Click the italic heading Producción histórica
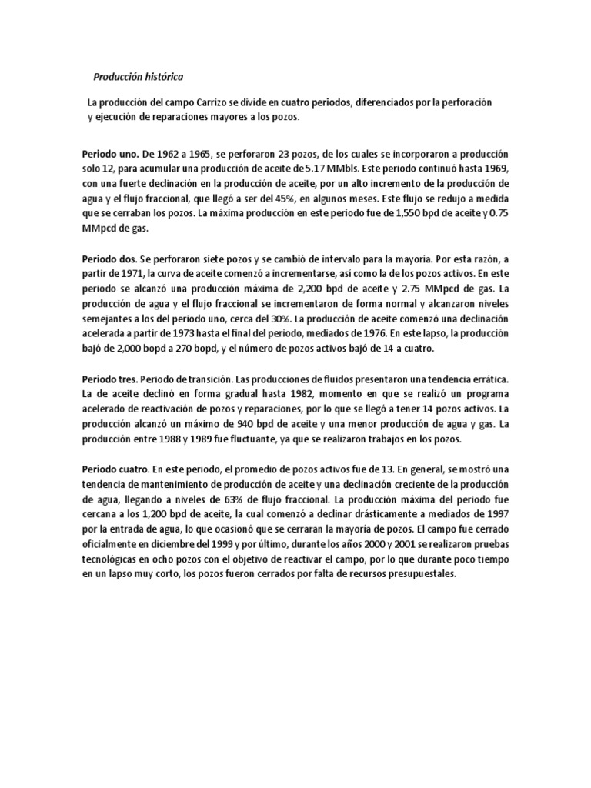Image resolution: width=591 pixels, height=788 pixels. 139,77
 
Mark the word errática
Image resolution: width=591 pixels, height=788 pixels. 483,379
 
